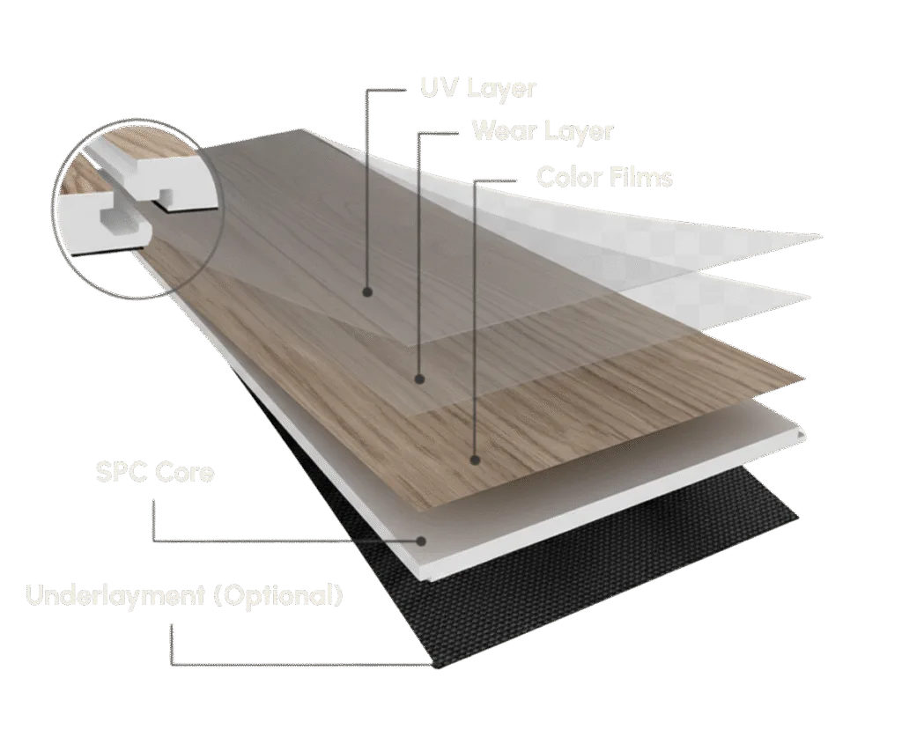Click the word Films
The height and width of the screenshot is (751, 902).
coord(641,177)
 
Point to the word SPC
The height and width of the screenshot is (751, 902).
coord(120,472)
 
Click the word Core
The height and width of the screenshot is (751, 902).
coord(185,472)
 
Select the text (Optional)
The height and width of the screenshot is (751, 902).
coord(278,595)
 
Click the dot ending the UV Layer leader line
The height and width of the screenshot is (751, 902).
coord(366,291)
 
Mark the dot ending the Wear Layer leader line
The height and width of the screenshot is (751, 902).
coord(420,379)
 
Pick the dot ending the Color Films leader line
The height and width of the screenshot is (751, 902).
coord(475,459)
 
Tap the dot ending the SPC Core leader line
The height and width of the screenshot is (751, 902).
coord(422,541)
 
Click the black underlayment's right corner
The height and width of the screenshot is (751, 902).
coord(798,513)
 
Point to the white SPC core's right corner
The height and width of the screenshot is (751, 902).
coord(803,433)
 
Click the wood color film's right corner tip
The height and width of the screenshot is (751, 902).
coord(804,379)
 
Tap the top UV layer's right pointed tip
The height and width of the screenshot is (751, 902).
coord(823,236)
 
